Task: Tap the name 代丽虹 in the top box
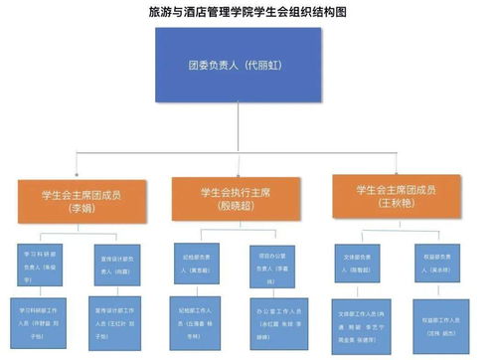click(259, 71)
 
